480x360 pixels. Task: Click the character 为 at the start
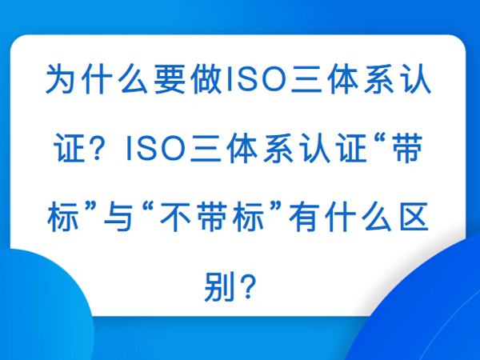[x=61, y=79]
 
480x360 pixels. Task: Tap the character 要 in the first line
[x=170, y=79]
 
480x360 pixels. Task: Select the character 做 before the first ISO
[x=206, y=79]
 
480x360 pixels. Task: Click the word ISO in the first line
[x=256, y=79]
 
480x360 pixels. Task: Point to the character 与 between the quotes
[x=118, y=217]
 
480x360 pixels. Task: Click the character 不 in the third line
[x=175, y=217]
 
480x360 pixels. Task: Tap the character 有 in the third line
[x=304, y=217]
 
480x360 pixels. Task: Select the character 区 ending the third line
[x=414, y=217]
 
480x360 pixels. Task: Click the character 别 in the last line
[x=219, y=286]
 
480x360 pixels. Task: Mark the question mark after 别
[x=248, y=286]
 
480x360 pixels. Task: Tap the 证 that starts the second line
[x=69, y=148]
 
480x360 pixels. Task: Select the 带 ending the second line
[x=408, y=148]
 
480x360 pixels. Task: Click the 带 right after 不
[x=212, y=217]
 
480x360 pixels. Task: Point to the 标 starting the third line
[x=62, y=217]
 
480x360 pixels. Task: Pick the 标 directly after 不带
[x=248, y=217]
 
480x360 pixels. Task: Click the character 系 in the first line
[x=379, y=79]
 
